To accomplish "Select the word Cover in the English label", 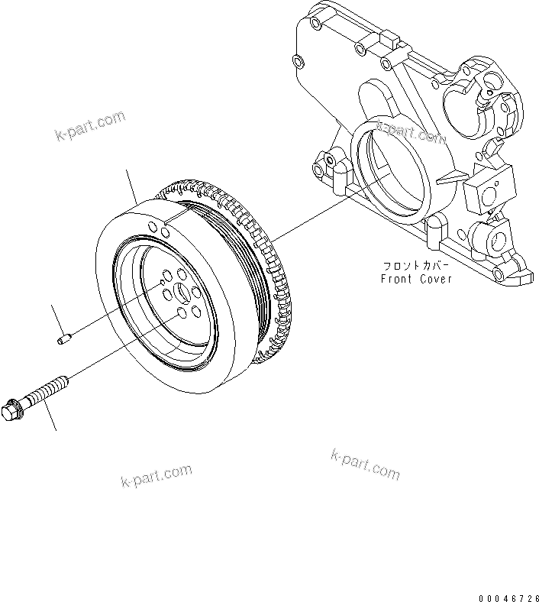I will click(x=436, y=279).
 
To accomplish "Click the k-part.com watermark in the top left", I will click(x=90, y=126).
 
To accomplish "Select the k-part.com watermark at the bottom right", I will click(x=365, y=464).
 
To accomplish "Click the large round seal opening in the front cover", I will click(x=389, y=171).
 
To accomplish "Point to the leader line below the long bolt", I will click(x=50, y=416).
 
